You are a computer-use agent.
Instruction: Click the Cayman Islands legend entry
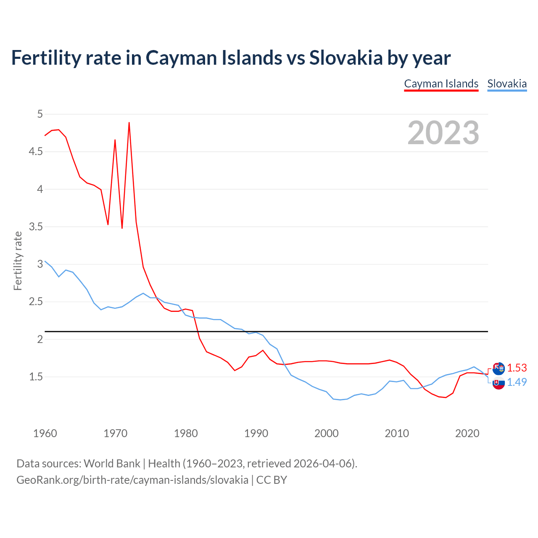tap(441, 84)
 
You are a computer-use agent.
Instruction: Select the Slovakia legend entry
tap(506, 84)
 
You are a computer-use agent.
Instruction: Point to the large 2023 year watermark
tap(443, 133)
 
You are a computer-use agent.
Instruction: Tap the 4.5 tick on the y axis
tap(36, 152)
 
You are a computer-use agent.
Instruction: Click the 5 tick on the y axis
tap(40, 114)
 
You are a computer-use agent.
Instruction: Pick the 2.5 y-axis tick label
tap(36, 302)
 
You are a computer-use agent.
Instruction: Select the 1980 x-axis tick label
tap(185, 433)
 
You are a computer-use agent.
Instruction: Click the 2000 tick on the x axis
tap(326, 433)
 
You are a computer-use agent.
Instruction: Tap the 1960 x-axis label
tap(45, 433)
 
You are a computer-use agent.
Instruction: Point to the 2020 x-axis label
tap(467, 433)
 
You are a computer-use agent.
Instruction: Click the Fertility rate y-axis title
tap(18, 261)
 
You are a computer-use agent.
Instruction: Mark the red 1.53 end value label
tap(517, 368)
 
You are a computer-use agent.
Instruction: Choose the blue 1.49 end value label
tap(517, 382)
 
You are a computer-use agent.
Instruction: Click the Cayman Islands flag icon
tap(498, 369)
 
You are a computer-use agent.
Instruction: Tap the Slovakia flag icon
tap(498, 383)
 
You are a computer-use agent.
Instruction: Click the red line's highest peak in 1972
tap(129, 123)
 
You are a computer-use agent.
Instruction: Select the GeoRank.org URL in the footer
tap(132, 480)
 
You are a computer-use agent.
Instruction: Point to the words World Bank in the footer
tap(112, 464)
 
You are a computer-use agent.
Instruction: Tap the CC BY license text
tap(272, 480)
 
